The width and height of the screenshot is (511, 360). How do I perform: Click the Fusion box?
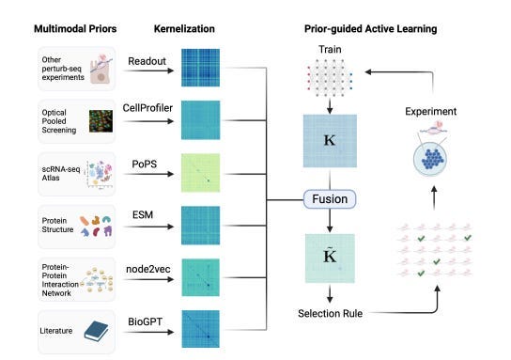pyautogui.click(x=332, y=199)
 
